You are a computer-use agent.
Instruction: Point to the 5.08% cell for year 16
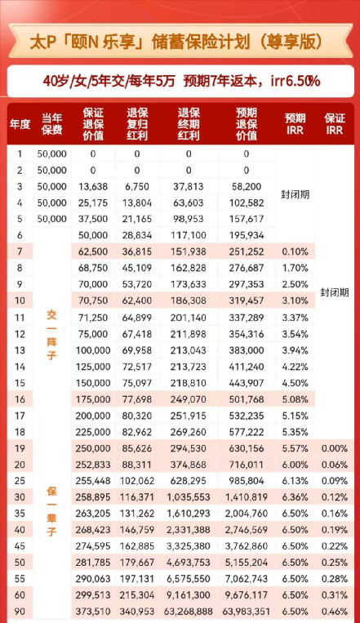(295, 399)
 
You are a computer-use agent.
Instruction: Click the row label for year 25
(20, 481)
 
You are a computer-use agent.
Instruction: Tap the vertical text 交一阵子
(51, 336)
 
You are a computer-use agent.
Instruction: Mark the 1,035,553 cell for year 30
(189, 496)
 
